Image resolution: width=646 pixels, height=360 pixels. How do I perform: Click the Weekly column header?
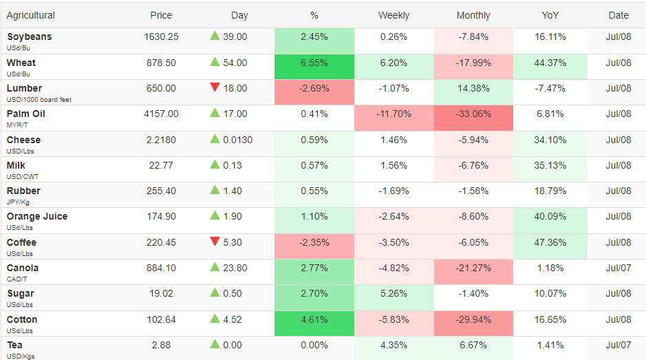394,15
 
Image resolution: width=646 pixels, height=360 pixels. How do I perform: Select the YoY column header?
550,15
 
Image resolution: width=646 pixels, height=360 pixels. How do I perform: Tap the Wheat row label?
21,63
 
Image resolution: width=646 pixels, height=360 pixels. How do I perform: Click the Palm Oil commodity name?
26,114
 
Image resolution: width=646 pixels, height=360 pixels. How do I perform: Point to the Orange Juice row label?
37,217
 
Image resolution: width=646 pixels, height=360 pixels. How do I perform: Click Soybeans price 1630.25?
161,36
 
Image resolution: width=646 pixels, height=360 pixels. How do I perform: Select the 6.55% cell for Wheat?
314,66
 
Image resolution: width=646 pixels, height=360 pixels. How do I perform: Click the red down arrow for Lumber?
215,87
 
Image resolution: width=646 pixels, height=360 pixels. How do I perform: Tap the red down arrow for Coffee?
215,241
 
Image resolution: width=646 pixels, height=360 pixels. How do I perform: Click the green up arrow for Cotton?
215,318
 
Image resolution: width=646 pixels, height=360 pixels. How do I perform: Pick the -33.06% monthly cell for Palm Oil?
473,118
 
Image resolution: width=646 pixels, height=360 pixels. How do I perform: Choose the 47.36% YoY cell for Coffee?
550,246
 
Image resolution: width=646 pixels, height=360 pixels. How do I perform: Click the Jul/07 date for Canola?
618,268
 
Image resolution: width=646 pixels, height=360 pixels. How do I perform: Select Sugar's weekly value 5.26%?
394,294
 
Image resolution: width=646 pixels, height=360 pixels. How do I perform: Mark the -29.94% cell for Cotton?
473,324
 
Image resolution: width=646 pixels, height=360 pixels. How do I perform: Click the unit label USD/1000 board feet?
39,100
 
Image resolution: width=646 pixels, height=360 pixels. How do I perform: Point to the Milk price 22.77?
161,165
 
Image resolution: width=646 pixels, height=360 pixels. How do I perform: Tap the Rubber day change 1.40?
233,191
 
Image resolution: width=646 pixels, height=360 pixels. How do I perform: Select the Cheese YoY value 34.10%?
550,140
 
